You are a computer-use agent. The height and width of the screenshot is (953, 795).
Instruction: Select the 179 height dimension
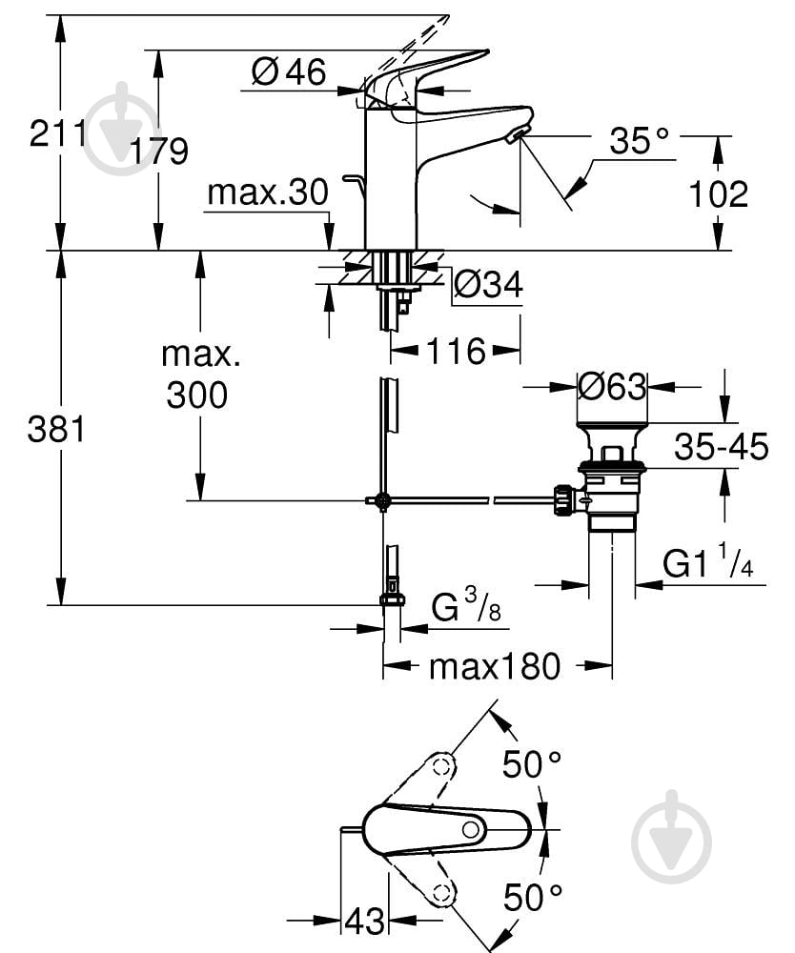[159, 151]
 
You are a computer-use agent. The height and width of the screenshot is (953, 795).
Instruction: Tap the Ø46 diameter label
[288, 71]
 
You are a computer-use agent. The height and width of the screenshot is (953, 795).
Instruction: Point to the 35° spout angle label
[640, 142]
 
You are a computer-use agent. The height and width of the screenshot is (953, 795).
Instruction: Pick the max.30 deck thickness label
[267, 193]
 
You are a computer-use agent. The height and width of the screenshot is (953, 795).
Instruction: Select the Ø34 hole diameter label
[488, 283]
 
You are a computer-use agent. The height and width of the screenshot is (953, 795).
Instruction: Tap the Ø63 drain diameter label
[613, 387]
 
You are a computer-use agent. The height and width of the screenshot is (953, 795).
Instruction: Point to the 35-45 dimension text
[721, 446]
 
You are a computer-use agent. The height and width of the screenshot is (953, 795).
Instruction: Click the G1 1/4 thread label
[708, 566]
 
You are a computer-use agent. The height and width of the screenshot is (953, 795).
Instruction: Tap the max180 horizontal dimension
[494, 666]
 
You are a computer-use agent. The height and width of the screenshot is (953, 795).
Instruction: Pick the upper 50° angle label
[532, 764]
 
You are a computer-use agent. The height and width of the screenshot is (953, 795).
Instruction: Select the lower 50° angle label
[532, 897]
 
